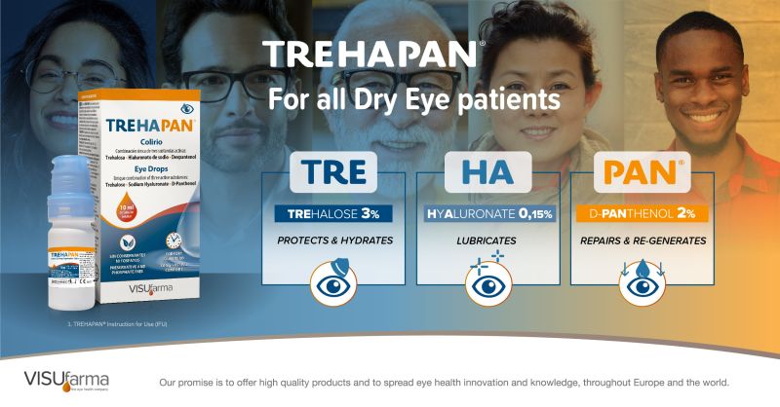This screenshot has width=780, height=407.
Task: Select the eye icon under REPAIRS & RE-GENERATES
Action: (x=636, y=283)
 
